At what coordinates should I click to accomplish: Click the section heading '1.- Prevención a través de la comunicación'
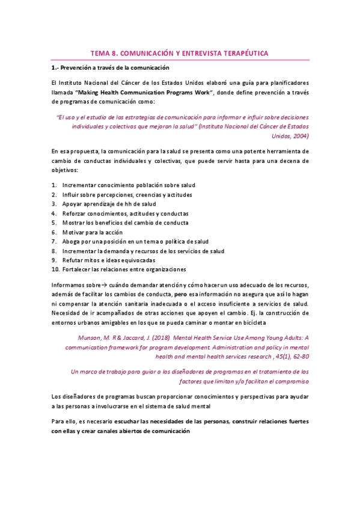[110, 68]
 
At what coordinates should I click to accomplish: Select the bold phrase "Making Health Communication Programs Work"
[158, 91]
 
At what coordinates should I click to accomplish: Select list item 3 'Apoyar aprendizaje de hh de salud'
[109, 204]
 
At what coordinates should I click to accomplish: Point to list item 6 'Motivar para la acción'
[92, 232]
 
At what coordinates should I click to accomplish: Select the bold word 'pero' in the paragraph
[180, 295]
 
